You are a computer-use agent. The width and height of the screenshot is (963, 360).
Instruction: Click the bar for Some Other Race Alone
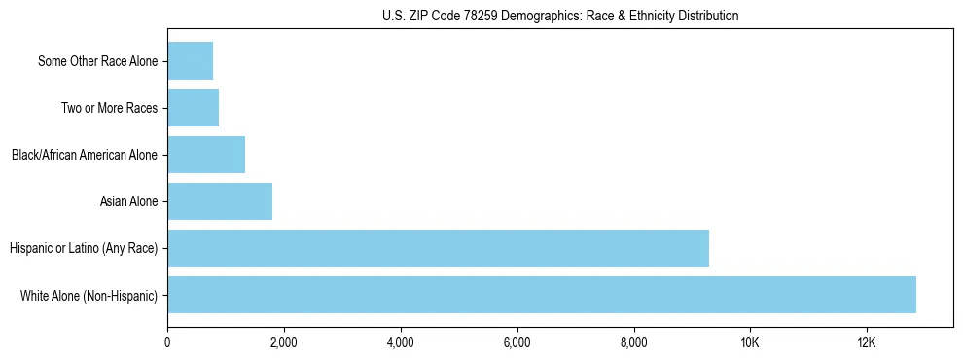[x=190, y=61]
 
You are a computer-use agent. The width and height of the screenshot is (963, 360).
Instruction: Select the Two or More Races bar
[x=193, y=108]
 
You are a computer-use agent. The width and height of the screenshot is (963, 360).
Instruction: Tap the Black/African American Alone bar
[x=206, y=155]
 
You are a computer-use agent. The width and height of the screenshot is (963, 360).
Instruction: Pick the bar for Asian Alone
[x=220, y=201]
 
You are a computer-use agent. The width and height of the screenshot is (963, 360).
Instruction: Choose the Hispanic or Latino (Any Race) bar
[x=438, y=248]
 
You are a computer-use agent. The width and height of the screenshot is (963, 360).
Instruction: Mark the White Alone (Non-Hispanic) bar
[x=542, y=295]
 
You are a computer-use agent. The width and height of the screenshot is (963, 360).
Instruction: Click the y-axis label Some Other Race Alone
[x=97, y=62]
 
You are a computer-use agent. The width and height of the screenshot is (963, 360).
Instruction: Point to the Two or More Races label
[x=109, y=108]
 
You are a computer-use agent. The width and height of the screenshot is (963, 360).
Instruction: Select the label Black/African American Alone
[x=84, y=155]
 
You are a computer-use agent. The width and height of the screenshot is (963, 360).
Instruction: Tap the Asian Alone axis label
[x=128, y=201]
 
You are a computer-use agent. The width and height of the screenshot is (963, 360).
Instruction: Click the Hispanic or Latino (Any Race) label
[x=84, y=248]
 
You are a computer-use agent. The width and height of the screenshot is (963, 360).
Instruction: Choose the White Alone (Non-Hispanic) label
[x=89, y=295]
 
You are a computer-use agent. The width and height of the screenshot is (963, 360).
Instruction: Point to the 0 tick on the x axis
[x=167, y=342]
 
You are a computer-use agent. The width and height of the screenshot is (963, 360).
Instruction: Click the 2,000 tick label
[x=284, y=342]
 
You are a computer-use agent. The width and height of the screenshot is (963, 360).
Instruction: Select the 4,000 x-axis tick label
[x=401, y=342]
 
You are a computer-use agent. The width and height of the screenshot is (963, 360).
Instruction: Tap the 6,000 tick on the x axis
[x=517, y=342]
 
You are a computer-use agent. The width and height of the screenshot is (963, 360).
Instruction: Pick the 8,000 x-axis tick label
[x=633, y=342]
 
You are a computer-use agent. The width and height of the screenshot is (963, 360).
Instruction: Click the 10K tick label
[x=750, y=342]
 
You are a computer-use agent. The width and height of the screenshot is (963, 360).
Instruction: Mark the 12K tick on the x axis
[x=867, y=342]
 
